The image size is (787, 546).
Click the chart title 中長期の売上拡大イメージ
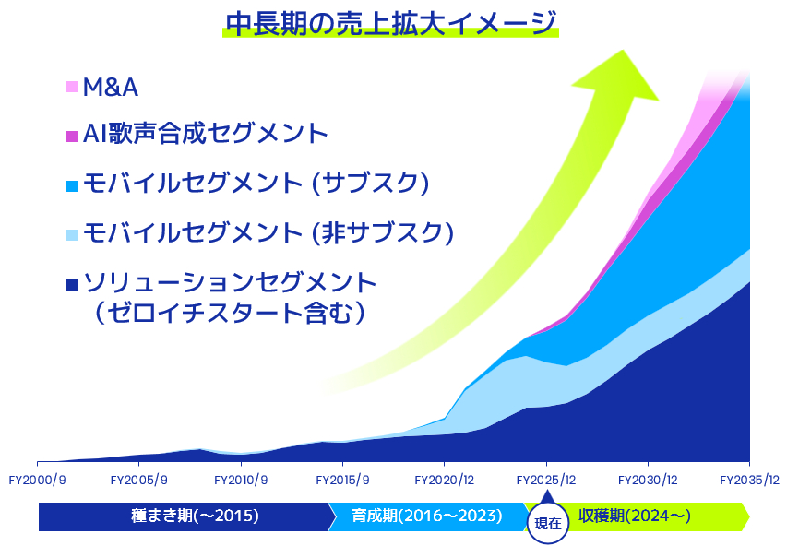(391, 23)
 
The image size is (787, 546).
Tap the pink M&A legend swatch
(72, 87)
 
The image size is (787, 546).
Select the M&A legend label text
(111, 88)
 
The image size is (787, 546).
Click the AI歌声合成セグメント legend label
(205, 134)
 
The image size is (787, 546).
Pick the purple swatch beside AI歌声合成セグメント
(72, 136)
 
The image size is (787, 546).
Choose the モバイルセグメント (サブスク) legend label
(256, 183)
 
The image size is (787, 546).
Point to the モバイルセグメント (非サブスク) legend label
(268, 232)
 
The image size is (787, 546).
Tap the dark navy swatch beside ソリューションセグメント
(72, 285)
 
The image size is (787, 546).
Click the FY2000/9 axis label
(38, 481)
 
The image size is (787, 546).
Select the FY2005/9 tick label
(139, 481)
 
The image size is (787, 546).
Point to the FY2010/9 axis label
(241, 481)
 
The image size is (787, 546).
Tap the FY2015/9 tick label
(343, 481)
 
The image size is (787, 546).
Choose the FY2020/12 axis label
(445, 481)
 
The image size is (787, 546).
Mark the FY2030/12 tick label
(648, 481)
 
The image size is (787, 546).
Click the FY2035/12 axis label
(750, 481)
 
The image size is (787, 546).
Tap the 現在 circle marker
(548, 524)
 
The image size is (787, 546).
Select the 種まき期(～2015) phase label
(196, 516)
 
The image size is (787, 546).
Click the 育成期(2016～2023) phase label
(427, 516)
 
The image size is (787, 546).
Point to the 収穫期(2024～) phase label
(635, 516)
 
